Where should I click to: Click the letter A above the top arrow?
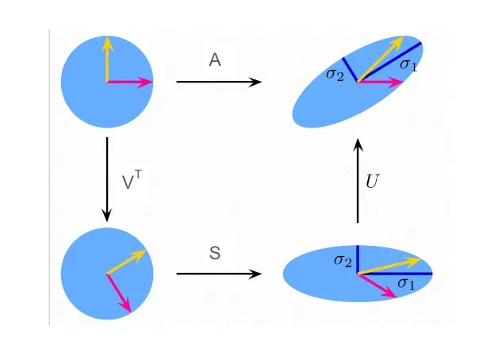215,59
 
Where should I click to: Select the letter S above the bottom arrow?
215,254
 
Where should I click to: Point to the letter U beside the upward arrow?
372,182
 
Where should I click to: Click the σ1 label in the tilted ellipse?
408,64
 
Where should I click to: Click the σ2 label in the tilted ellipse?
335,75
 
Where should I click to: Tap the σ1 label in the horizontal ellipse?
406,283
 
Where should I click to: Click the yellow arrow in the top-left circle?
107,59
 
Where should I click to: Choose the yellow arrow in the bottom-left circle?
126,262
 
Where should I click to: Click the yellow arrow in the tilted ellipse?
381,59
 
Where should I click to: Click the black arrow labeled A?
219,82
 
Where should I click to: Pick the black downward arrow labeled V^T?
107,179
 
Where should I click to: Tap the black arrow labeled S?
219,274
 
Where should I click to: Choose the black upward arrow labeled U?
358,181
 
